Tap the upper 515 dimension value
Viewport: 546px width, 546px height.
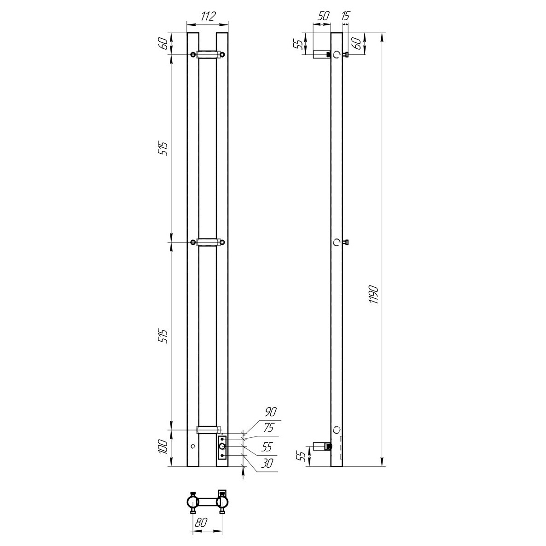pos(164,149)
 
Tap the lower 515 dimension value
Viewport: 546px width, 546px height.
pos(164,336)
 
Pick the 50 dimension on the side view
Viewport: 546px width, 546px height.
pos(323,16)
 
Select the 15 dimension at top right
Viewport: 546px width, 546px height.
pos(345,16)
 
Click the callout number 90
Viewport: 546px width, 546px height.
pos(271,412)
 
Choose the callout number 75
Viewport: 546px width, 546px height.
pos(268,427)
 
